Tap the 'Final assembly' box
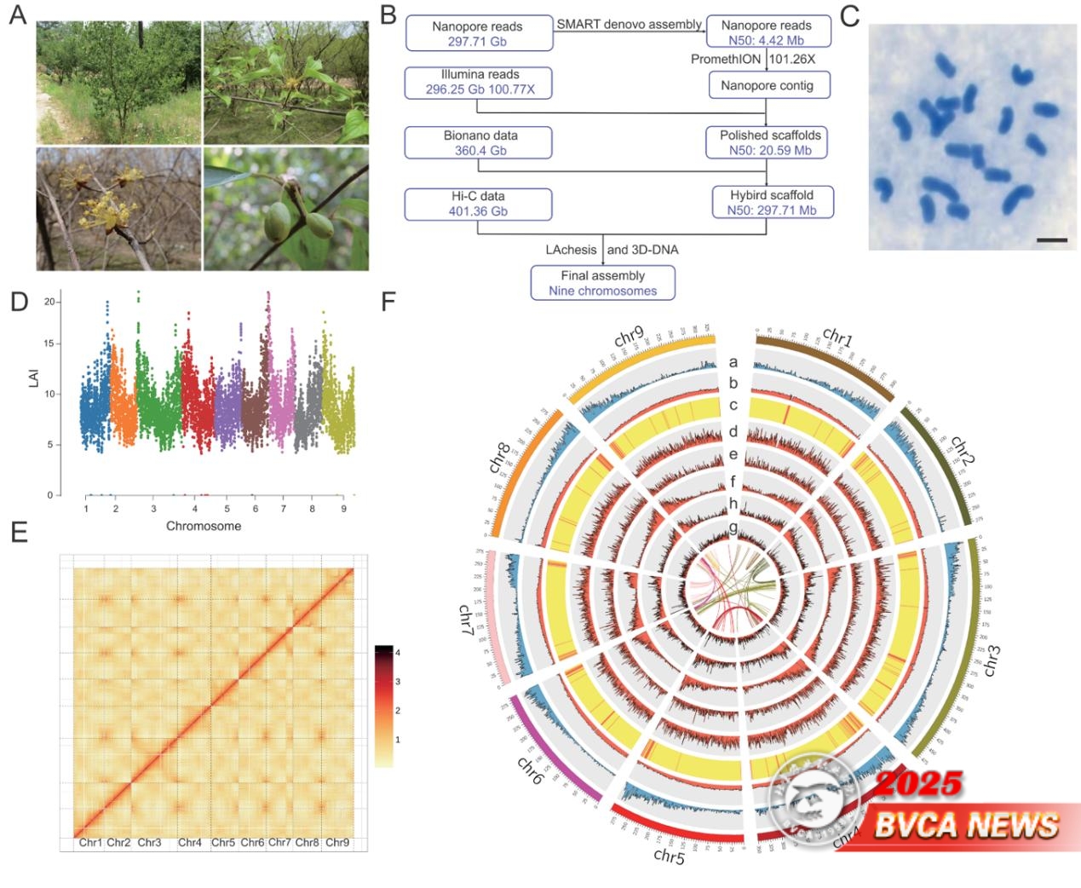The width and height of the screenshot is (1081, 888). click(x=602, y=283)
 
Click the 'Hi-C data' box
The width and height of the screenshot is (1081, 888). click(x=478, y=204)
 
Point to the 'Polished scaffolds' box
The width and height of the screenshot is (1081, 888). click(x=769, y=142)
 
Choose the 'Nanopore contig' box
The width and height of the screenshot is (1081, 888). click(x=766, y=85)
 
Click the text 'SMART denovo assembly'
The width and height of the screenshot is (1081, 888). click(x=629, y=25)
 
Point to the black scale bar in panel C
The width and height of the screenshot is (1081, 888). click(x=1052, y=240)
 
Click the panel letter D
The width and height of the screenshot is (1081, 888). click(x=18, y=302)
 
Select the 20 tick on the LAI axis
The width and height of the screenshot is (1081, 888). click(x=50, y=302)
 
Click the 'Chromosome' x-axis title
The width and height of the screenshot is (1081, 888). click(x=204, y=526)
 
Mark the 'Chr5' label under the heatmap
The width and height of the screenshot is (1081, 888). click(x=223, y=843)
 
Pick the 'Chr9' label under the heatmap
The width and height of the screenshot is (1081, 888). click(x=337, y=843)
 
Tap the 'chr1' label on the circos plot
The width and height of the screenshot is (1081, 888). click(x=837, y=337)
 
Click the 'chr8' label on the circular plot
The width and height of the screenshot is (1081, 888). click(x=499, y=458)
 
